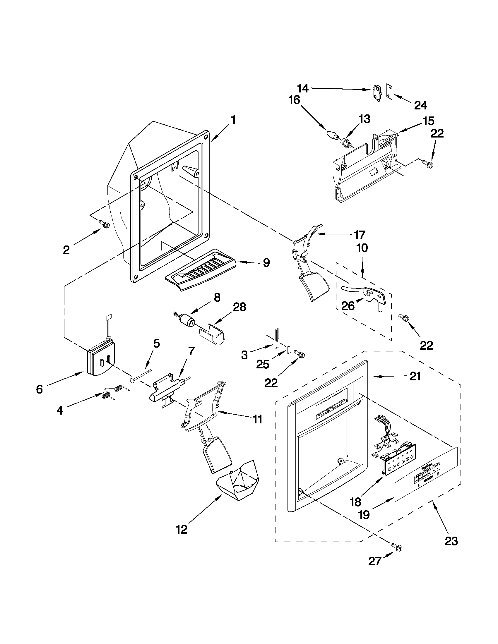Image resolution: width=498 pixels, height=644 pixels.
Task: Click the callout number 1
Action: pyautogui.click(x=233, y=120)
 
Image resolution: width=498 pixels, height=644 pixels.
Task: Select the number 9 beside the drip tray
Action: pyautogui.click(x=266, y=262)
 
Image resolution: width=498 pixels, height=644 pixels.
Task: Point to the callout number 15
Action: pyautogui.click(x=428, y=121)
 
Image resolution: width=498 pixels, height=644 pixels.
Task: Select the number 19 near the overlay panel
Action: pyautogui.click(x=364, y=515)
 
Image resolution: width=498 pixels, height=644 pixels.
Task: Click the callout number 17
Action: pyautogui.click(x=359, y=235)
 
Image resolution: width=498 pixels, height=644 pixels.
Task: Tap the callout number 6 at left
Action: pyautogui.click(x=40, y=389)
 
